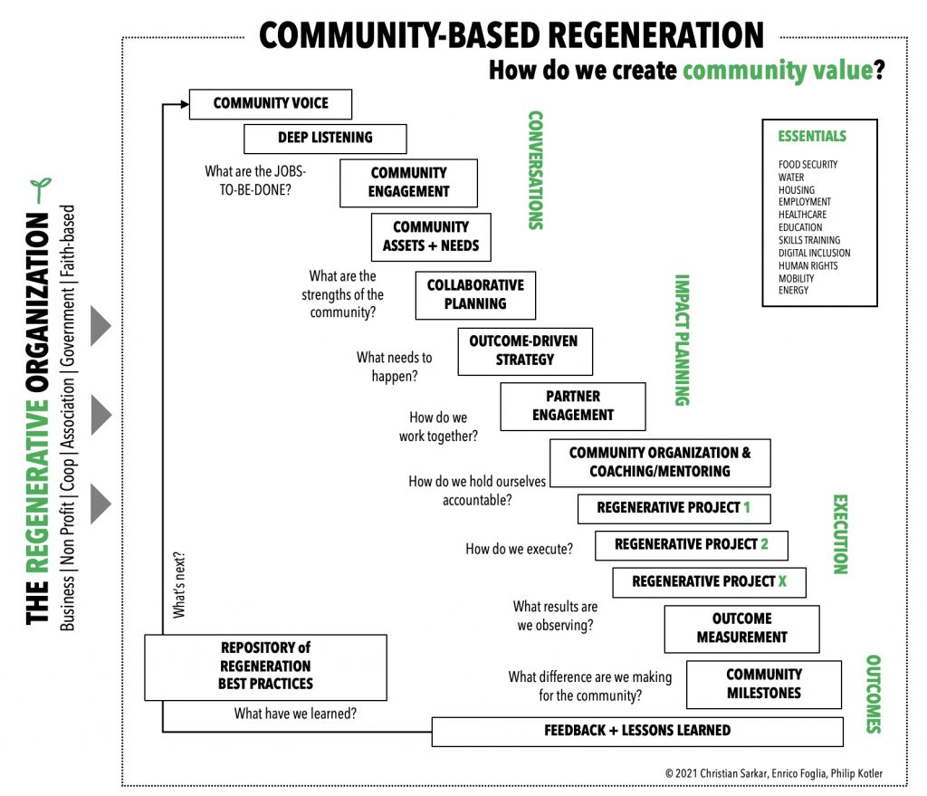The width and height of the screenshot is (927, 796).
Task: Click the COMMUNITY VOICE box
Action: coord(270,104)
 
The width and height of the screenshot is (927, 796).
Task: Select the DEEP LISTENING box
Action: coord(325,139)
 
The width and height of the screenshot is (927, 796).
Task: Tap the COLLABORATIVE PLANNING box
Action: coord(475,295)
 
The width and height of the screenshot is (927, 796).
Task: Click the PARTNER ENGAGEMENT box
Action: coord(572,407)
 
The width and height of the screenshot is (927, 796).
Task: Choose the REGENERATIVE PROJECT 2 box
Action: coord(691,545)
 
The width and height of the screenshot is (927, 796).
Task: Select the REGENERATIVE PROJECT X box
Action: coord(708,582)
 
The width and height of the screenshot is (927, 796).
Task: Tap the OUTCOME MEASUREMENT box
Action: coord(741,628)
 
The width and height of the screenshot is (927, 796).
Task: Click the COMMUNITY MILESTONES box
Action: coord(763,685)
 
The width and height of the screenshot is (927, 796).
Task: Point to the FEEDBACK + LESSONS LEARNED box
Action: coord(636,731)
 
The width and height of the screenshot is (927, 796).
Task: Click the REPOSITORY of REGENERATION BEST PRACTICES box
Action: coord(265,667)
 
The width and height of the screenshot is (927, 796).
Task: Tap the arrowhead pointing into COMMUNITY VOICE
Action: coord(183,104)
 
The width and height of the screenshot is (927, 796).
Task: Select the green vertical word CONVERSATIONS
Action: coord(535,170)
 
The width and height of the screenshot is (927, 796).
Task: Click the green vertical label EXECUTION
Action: coord(839,534)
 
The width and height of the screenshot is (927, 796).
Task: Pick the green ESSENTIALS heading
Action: coord(812,137)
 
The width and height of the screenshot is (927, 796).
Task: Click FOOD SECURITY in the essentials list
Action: coord(808,165)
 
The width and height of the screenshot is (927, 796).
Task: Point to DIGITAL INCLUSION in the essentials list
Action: coord(814,254)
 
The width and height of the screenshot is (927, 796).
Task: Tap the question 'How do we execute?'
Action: coord(519,549)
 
